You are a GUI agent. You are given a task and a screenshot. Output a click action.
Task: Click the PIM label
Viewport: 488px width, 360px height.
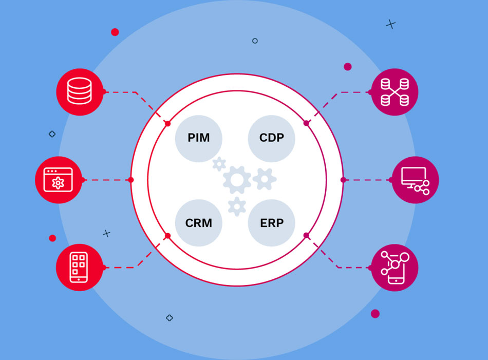pyautogui.click(x=198, y=138)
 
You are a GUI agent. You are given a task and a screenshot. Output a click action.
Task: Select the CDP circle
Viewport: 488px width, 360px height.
pyautogui.click(x=271, y=138)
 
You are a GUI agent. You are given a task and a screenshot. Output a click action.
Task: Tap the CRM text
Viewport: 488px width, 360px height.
pyautogui.click(x=198, y=223)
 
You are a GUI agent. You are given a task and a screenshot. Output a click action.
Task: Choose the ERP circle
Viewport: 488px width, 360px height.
pyautogui.click(x=271, y=223)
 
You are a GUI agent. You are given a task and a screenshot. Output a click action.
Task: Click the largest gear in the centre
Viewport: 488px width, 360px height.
pyautogui.click(x=237, y=180)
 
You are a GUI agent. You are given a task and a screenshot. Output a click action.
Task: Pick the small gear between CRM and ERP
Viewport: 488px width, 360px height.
pyautogui.click(x=237, y=205)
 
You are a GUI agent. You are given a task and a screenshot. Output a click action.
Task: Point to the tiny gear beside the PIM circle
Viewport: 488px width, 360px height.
pyautogui.click(x=219, y=164)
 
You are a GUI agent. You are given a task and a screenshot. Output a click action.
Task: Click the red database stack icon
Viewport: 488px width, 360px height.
pyautogui.click(x=80, y=92)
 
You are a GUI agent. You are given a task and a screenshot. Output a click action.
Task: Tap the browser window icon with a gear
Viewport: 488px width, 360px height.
pyautogui.click(x=59, y=180)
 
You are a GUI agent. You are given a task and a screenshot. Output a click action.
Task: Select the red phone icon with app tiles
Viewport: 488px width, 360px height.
pyautogui.click(x=80, y=268)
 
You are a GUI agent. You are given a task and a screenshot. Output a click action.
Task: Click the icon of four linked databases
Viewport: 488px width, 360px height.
pyautogui.click(x=395, y=92)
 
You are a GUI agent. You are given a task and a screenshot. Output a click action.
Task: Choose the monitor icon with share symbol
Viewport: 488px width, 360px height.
pyautogui.click(x=415, y=180)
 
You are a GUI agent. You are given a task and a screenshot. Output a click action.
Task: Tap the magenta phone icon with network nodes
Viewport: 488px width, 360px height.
pyautogui.click(x=395, y=268)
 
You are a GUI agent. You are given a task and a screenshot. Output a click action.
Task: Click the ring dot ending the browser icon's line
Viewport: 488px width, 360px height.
pyautogui.click(x=131, y=180)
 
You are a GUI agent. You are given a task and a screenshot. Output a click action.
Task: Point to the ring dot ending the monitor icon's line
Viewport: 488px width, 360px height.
pyautogui.click(x=343, y=180)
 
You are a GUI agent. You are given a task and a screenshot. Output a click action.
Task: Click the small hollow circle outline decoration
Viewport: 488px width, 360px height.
pyautogui.click(x=255, y=41)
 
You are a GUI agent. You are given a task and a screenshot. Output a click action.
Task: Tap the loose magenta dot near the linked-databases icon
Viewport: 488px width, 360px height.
pyautogui.click(x=348, y=67)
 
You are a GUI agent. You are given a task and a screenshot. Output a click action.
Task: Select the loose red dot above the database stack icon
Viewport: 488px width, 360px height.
pyautogui.click(x=115, y=32)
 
